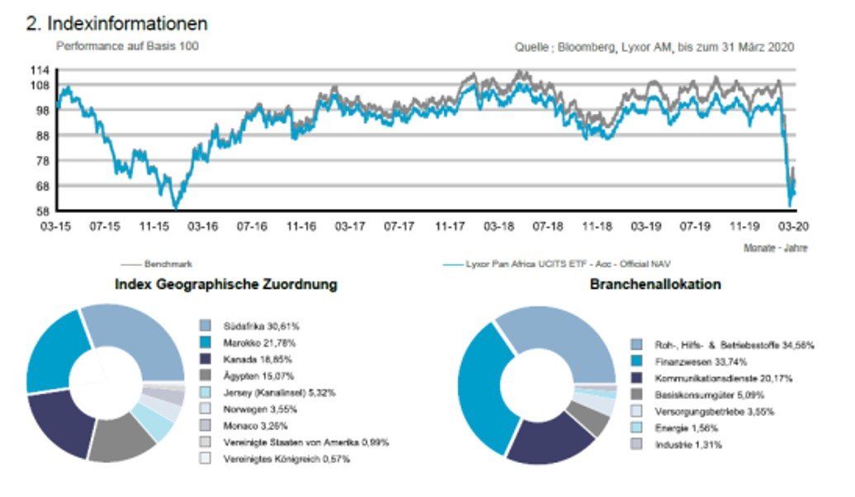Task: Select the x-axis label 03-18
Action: tap(500, 225)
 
